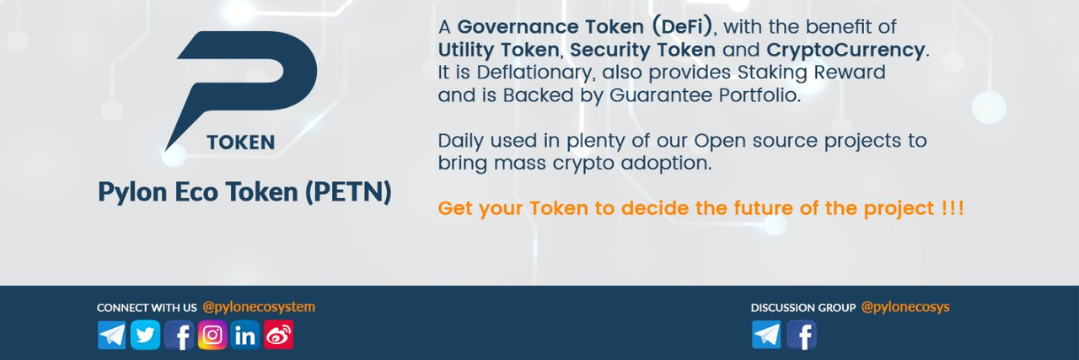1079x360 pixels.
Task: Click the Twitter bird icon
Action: pos(145,335)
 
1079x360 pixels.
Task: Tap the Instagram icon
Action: pos(212,335)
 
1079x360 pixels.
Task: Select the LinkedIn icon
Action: pos(245,335)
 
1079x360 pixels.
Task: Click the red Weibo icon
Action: pos(278,335)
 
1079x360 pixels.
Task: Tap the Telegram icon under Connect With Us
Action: pos(112,335)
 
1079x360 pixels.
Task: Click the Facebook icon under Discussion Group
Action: pos(802,335)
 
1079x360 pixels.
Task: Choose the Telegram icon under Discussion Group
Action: pos(766,335)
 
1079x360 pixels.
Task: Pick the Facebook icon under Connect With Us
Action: pos(179,335)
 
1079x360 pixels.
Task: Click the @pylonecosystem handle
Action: pos(259,308)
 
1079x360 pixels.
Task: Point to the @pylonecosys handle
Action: pos(905,308)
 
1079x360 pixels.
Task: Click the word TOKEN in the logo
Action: pos(241,142)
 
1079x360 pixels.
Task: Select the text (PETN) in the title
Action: pos(348,192)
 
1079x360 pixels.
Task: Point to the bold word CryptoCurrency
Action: pos(845,50)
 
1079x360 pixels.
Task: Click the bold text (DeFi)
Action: pos(682,26)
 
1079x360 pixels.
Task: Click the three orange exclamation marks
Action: pos(953,208)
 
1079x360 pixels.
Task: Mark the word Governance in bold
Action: pos(518,27)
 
